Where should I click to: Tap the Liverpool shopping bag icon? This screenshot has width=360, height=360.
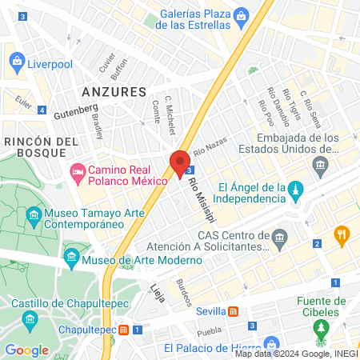pos(16,61)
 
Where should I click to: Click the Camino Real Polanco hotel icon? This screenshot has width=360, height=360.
pos(78,170)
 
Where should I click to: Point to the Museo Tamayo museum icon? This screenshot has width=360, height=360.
pos(34,216)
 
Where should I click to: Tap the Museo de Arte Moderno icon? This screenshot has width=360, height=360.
pos(71,256)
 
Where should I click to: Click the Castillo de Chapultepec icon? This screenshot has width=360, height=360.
pos(30,320)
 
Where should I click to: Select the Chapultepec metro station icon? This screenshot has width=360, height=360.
pos(124,330)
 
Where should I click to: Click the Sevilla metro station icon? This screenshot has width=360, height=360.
pos(233,310)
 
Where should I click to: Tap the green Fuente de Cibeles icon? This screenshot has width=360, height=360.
pos(320,327)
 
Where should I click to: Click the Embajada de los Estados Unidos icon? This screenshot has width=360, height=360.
pos(321,167)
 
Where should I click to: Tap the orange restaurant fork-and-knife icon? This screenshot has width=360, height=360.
pos(342,234)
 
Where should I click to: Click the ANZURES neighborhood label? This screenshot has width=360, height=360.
pos(114,92)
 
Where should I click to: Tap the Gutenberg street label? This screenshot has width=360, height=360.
pos(75,110)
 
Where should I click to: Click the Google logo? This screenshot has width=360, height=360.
pos(27,350)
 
